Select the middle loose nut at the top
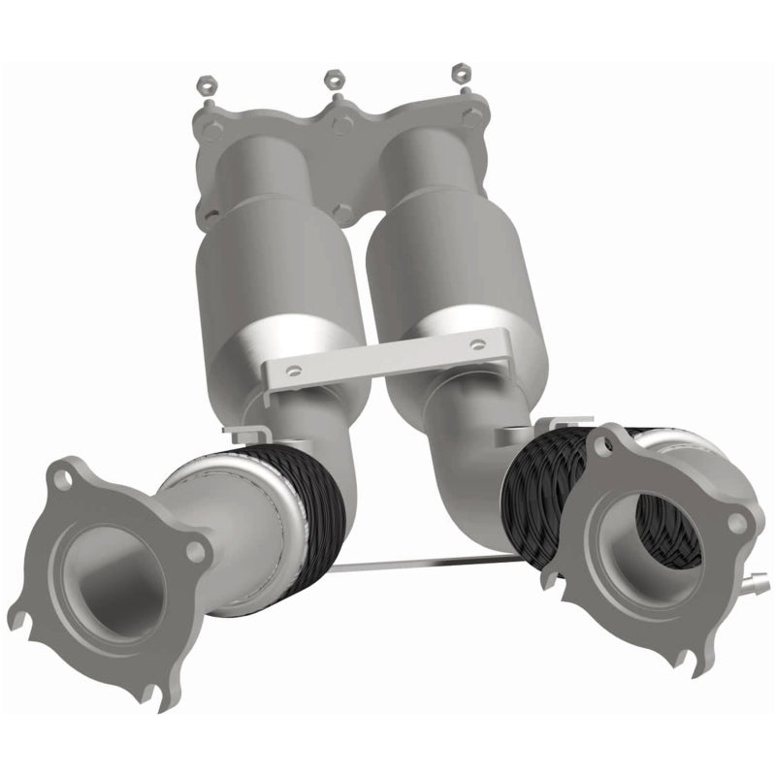334,77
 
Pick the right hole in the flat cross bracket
475,343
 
